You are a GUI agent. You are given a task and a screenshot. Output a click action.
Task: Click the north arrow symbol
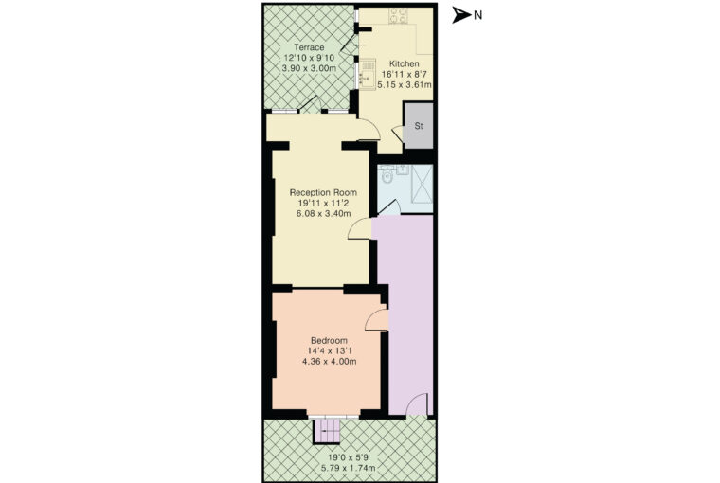(x=461, y=15)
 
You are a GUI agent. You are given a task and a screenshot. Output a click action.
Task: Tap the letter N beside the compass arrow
(x=478, y=15)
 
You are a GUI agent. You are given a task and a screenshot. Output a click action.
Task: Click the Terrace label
(x=309, y=47)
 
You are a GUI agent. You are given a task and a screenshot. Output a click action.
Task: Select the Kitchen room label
(x=405, y=63)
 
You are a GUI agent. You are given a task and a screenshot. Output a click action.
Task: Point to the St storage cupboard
(x=419, y=125)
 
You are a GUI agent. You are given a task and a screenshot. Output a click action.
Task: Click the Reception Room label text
(x=323, y=192)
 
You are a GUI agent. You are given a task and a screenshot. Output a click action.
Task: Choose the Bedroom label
(x=329, y=341)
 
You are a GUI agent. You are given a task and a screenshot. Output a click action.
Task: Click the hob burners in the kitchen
(x=398, y=16)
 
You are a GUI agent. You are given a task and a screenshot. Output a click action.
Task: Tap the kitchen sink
(x=367, y=74)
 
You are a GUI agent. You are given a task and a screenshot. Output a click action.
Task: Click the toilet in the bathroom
(x=386, y=175)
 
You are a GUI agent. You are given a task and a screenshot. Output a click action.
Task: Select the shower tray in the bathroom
(x=422, y=184)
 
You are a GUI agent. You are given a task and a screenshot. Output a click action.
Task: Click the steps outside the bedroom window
(x=327, y=431)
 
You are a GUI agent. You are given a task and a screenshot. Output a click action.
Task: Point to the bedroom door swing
(x=376, y=320)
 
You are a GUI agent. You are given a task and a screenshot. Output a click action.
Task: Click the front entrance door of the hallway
(x=418, y=405)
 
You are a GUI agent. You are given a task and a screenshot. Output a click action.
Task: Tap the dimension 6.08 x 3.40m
(x=324, y=213)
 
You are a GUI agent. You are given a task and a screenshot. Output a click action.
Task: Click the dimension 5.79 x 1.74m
(x=349, y=468)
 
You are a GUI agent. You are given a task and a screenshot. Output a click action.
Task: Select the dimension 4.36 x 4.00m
(x=329, y=362)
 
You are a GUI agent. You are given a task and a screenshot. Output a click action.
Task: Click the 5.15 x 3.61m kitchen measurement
(x=405, y=85)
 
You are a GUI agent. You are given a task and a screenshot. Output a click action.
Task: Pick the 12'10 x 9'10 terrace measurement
(x=309, y=58)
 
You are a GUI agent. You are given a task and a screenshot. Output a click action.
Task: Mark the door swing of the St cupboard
(x=397, y=134)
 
